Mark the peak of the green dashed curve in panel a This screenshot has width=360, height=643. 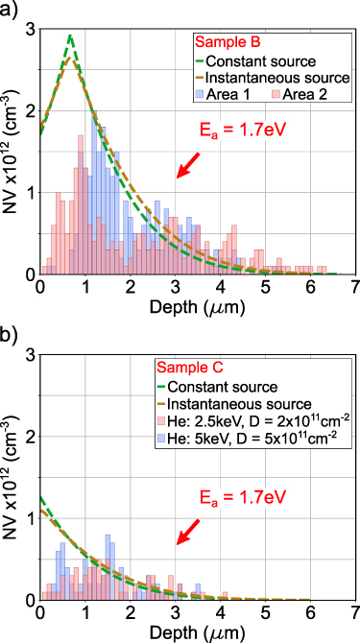click(x=70, y=36)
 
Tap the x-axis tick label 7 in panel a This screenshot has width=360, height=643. click(x=355, y=286)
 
